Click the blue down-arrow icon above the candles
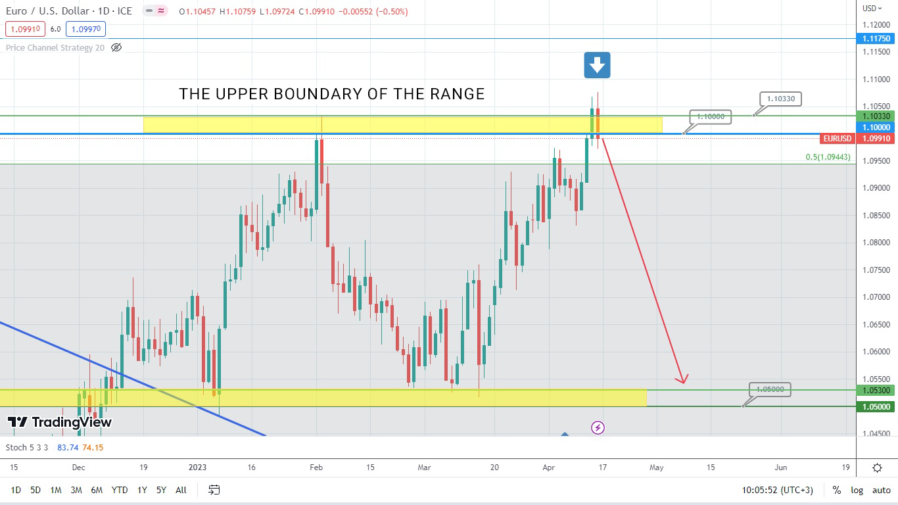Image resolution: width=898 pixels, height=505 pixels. pyautogui.click(x=597, y=65)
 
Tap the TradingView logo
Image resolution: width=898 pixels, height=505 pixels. pyautogui.click(x=60, y=422)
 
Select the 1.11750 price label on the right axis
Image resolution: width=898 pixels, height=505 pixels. pyautogui.click(x=876, y=39)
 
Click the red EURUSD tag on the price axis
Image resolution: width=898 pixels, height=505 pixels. pyautogui.click(x=837, y=139)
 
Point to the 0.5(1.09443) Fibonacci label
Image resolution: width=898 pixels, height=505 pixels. pyautogui.click(x=828, y=157)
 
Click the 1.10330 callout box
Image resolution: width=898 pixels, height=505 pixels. pyautogui.click(x=780, y=99)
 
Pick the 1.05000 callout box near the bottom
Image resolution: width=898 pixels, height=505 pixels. pyautogui.click(x=770, y=389)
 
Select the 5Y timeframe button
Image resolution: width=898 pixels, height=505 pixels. pyautogui.click(x=161, y=490)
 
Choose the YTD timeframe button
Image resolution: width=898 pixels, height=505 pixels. pyautogui.click(x=120, y=490)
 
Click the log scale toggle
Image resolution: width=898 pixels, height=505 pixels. pyautogui.click(x=857, y=490)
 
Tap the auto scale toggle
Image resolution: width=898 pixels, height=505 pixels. pyautogui.click(x=881, y=490)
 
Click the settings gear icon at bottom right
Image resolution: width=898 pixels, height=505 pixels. pyautogui.click(x=877, y=468)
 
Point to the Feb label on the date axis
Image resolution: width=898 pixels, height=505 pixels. pyautogui.click(x=316, y=468)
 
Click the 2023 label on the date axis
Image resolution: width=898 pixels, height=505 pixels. pyautogui.click(x=197, y=468)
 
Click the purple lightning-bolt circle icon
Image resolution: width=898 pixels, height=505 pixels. pyautogui.click(x=598, y=428)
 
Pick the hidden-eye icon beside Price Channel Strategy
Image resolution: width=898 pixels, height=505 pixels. pyautogui.click(x=116, y=47)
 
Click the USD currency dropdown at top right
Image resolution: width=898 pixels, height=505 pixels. pyautogui.click(x=872, y=8)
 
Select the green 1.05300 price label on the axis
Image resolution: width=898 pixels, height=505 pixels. pyautogui.click(x=876, y=391)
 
